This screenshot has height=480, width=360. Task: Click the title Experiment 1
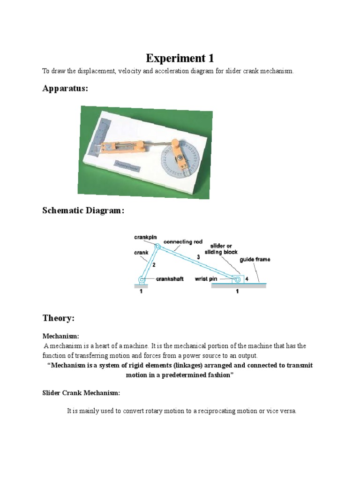pos(180,58)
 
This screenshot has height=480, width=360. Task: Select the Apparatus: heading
pos(65,89)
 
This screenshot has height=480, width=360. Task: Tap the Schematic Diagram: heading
pos(83,211)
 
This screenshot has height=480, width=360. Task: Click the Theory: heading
pos(59,318)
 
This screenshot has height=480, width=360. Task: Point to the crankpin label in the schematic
pos(145,238)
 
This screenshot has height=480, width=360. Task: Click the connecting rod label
pos(185,242)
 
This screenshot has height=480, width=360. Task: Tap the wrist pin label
pos(207,279)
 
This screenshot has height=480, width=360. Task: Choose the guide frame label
pos(255,259)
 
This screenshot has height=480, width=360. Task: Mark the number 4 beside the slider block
pos(247,279)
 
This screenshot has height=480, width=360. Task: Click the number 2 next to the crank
pos(153,265)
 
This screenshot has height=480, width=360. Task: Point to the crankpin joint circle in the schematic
pos(157,247)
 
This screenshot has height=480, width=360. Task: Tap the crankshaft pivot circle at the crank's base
pos(142,280)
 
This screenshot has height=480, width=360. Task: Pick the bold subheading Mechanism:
pos(61,336)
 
